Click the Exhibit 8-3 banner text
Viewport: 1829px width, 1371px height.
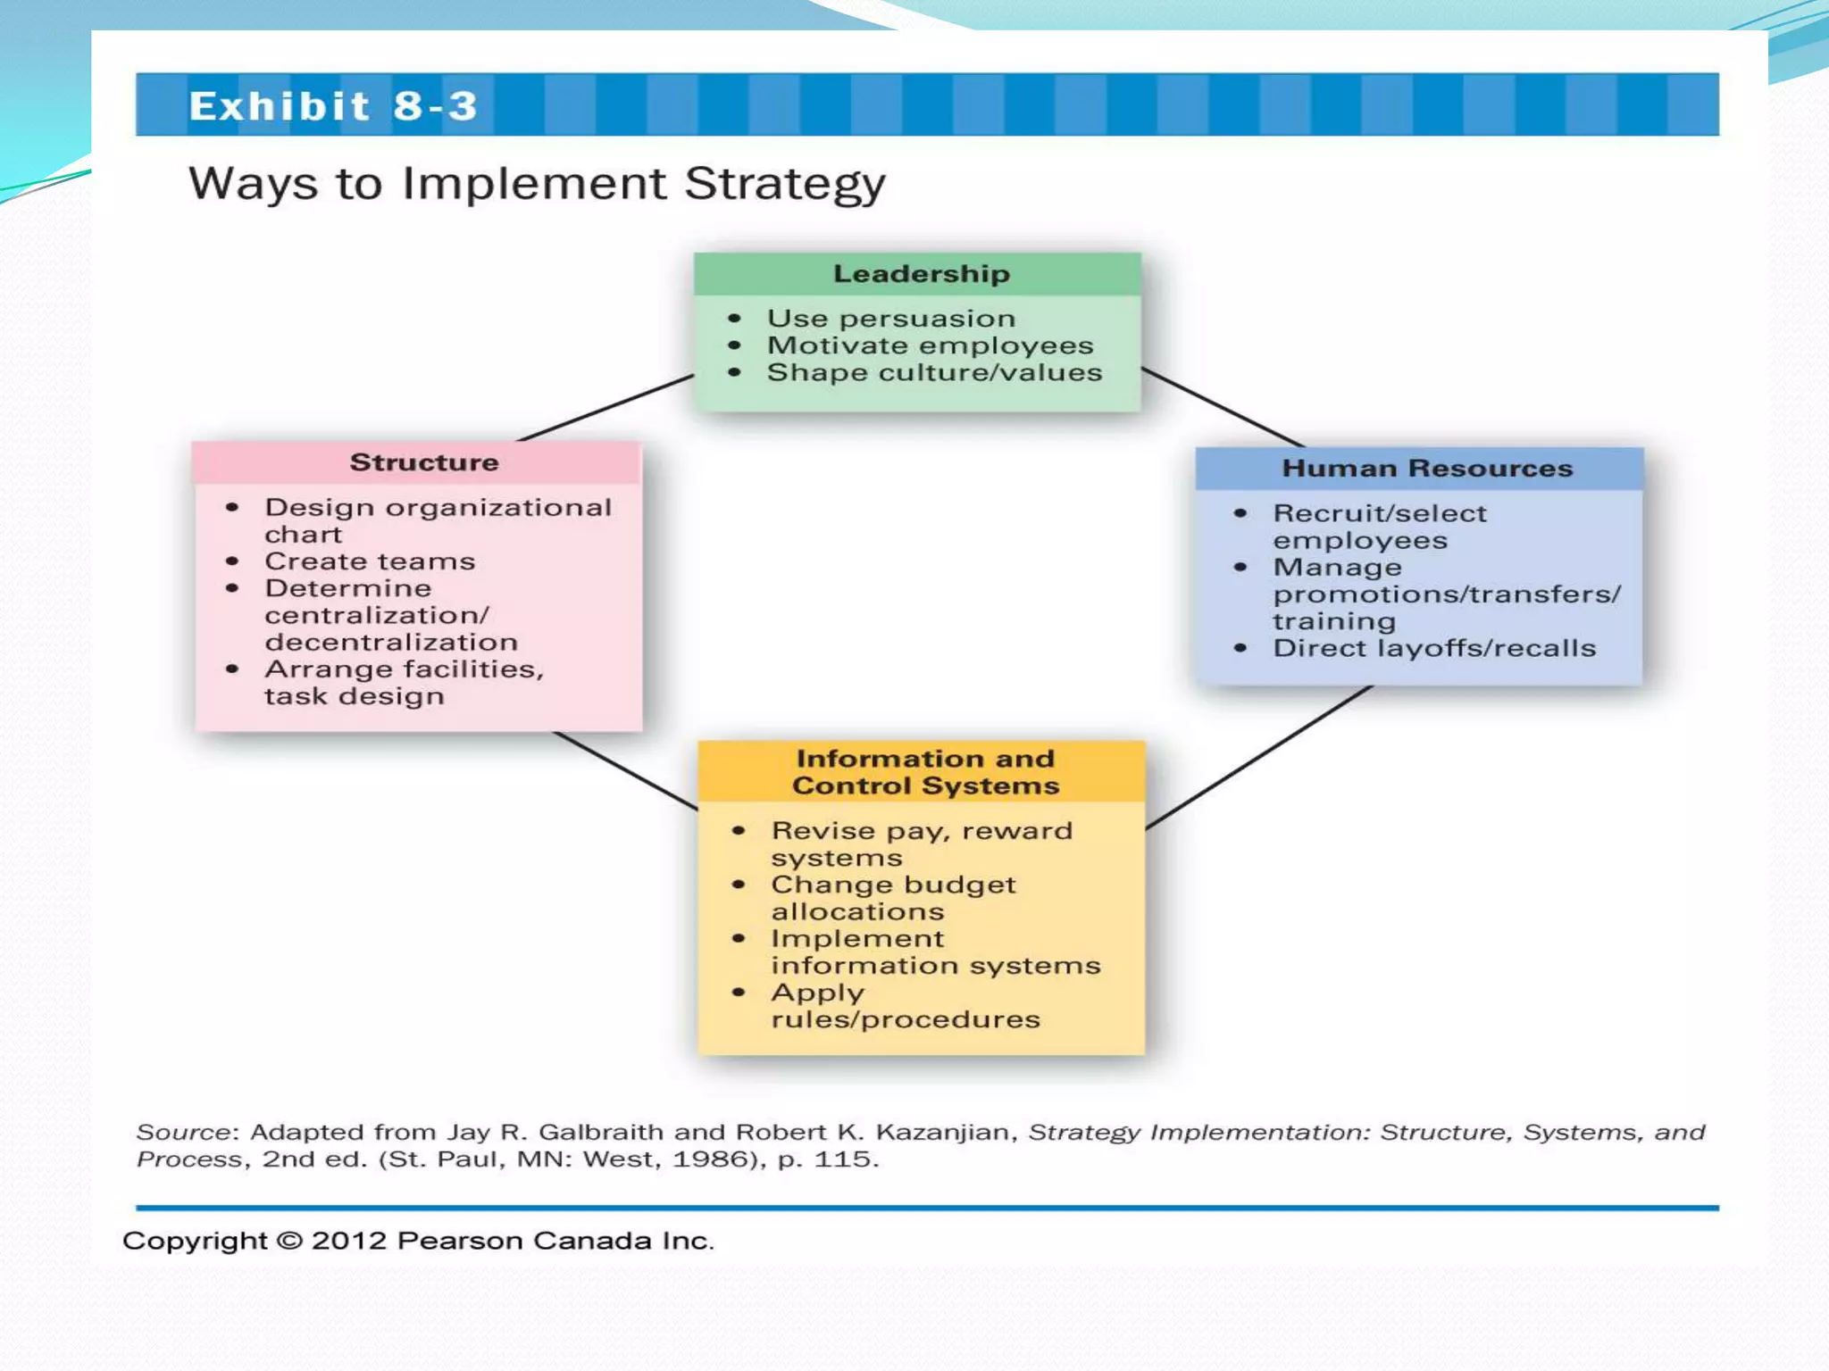[x=333, y=106]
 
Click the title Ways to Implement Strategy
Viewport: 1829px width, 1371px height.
[x=536, y=184]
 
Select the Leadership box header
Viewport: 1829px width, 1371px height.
[x=921, y=274]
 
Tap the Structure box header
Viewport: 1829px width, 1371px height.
[x=423, y=462]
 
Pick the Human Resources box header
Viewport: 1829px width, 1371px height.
[x=1426, y=469]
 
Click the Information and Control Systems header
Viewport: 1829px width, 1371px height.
[x=924, y=772]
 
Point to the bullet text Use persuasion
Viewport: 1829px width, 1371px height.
[x=890, y=319]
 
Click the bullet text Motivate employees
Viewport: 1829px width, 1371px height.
[x=930, y=345]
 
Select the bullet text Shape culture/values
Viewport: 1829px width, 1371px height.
[x=934, y=372]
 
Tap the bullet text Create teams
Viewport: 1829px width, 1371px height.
[x=369, y=561]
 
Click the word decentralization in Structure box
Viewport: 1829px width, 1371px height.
[x=390, y=643]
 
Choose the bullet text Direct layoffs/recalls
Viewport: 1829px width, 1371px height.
[x=1433, y=648]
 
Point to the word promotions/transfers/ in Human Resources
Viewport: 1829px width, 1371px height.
[x=1446, y=594]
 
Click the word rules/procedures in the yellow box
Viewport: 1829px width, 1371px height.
[x=905, y=1019]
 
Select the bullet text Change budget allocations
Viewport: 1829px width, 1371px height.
[x=892, y=898]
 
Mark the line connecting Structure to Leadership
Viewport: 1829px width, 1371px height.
[x=606, y=408]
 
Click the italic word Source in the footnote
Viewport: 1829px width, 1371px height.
[x=183, y=1133]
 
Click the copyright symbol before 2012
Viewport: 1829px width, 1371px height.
[x=289, y=1241]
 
